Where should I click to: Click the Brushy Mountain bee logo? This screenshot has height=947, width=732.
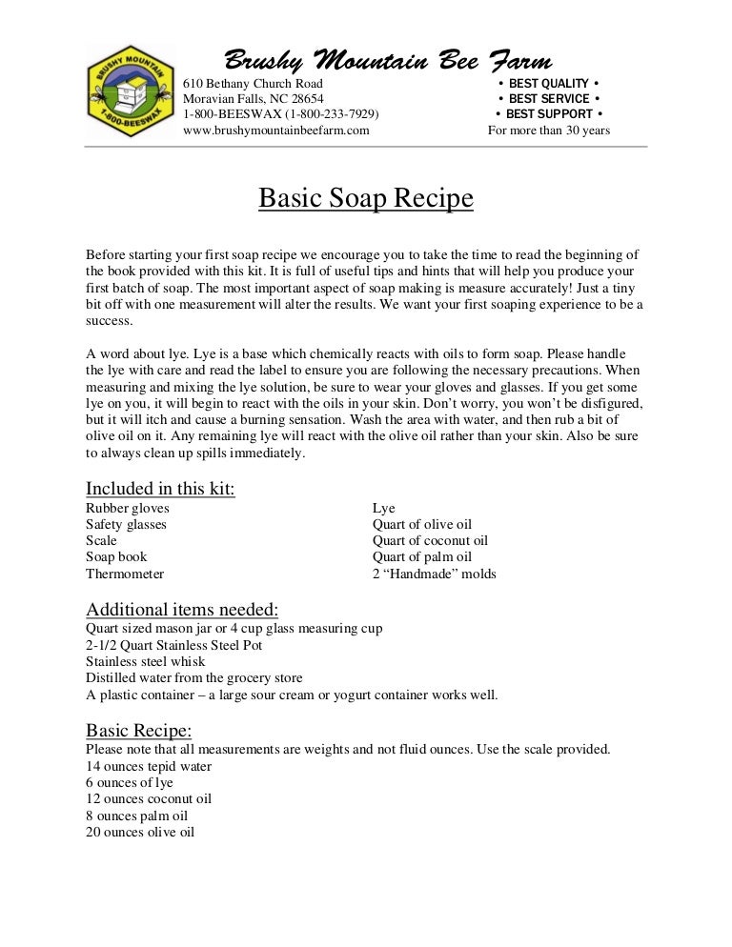(x=131, y=92)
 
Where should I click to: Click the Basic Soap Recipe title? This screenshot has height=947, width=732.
(x=366, y=199)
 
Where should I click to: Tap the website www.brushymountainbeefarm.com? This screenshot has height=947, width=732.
(x=275, y=131)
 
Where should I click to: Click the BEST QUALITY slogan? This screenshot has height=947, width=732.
(x=548, y=83)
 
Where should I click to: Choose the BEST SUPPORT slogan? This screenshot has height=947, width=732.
(x=548, y=114)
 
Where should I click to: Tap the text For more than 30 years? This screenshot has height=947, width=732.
(x=549, y=131)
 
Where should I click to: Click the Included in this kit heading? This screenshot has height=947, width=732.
(x=160, y=489)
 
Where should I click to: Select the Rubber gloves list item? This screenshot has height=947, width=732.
(x=128, y=509)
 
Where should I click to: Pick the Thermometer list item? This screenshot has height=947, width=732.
(x=125, y=574)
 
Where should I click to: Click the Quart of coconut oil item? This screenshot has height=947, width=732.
(x=430, y=541)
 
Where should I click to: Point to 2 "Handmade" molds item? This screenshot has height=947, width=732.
(x=434, y=574)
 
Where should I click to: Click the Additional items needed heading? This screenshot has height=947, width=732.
(x=182, y=609)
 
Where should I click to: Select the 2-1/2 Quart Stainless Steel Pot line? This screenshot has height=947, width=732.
(x=173, y=645)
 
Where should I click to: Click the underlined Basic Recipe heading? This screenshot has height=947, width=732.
(x=139, y=731)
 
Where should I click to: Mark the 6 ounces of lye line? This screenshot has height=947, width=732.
(x=130, y=782)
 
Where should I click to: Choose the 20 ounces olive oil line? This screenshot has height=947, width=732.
(x=140, y=832)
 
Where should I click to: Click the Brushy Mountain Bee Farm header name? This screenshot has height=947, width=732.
(x=387, y=61)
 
